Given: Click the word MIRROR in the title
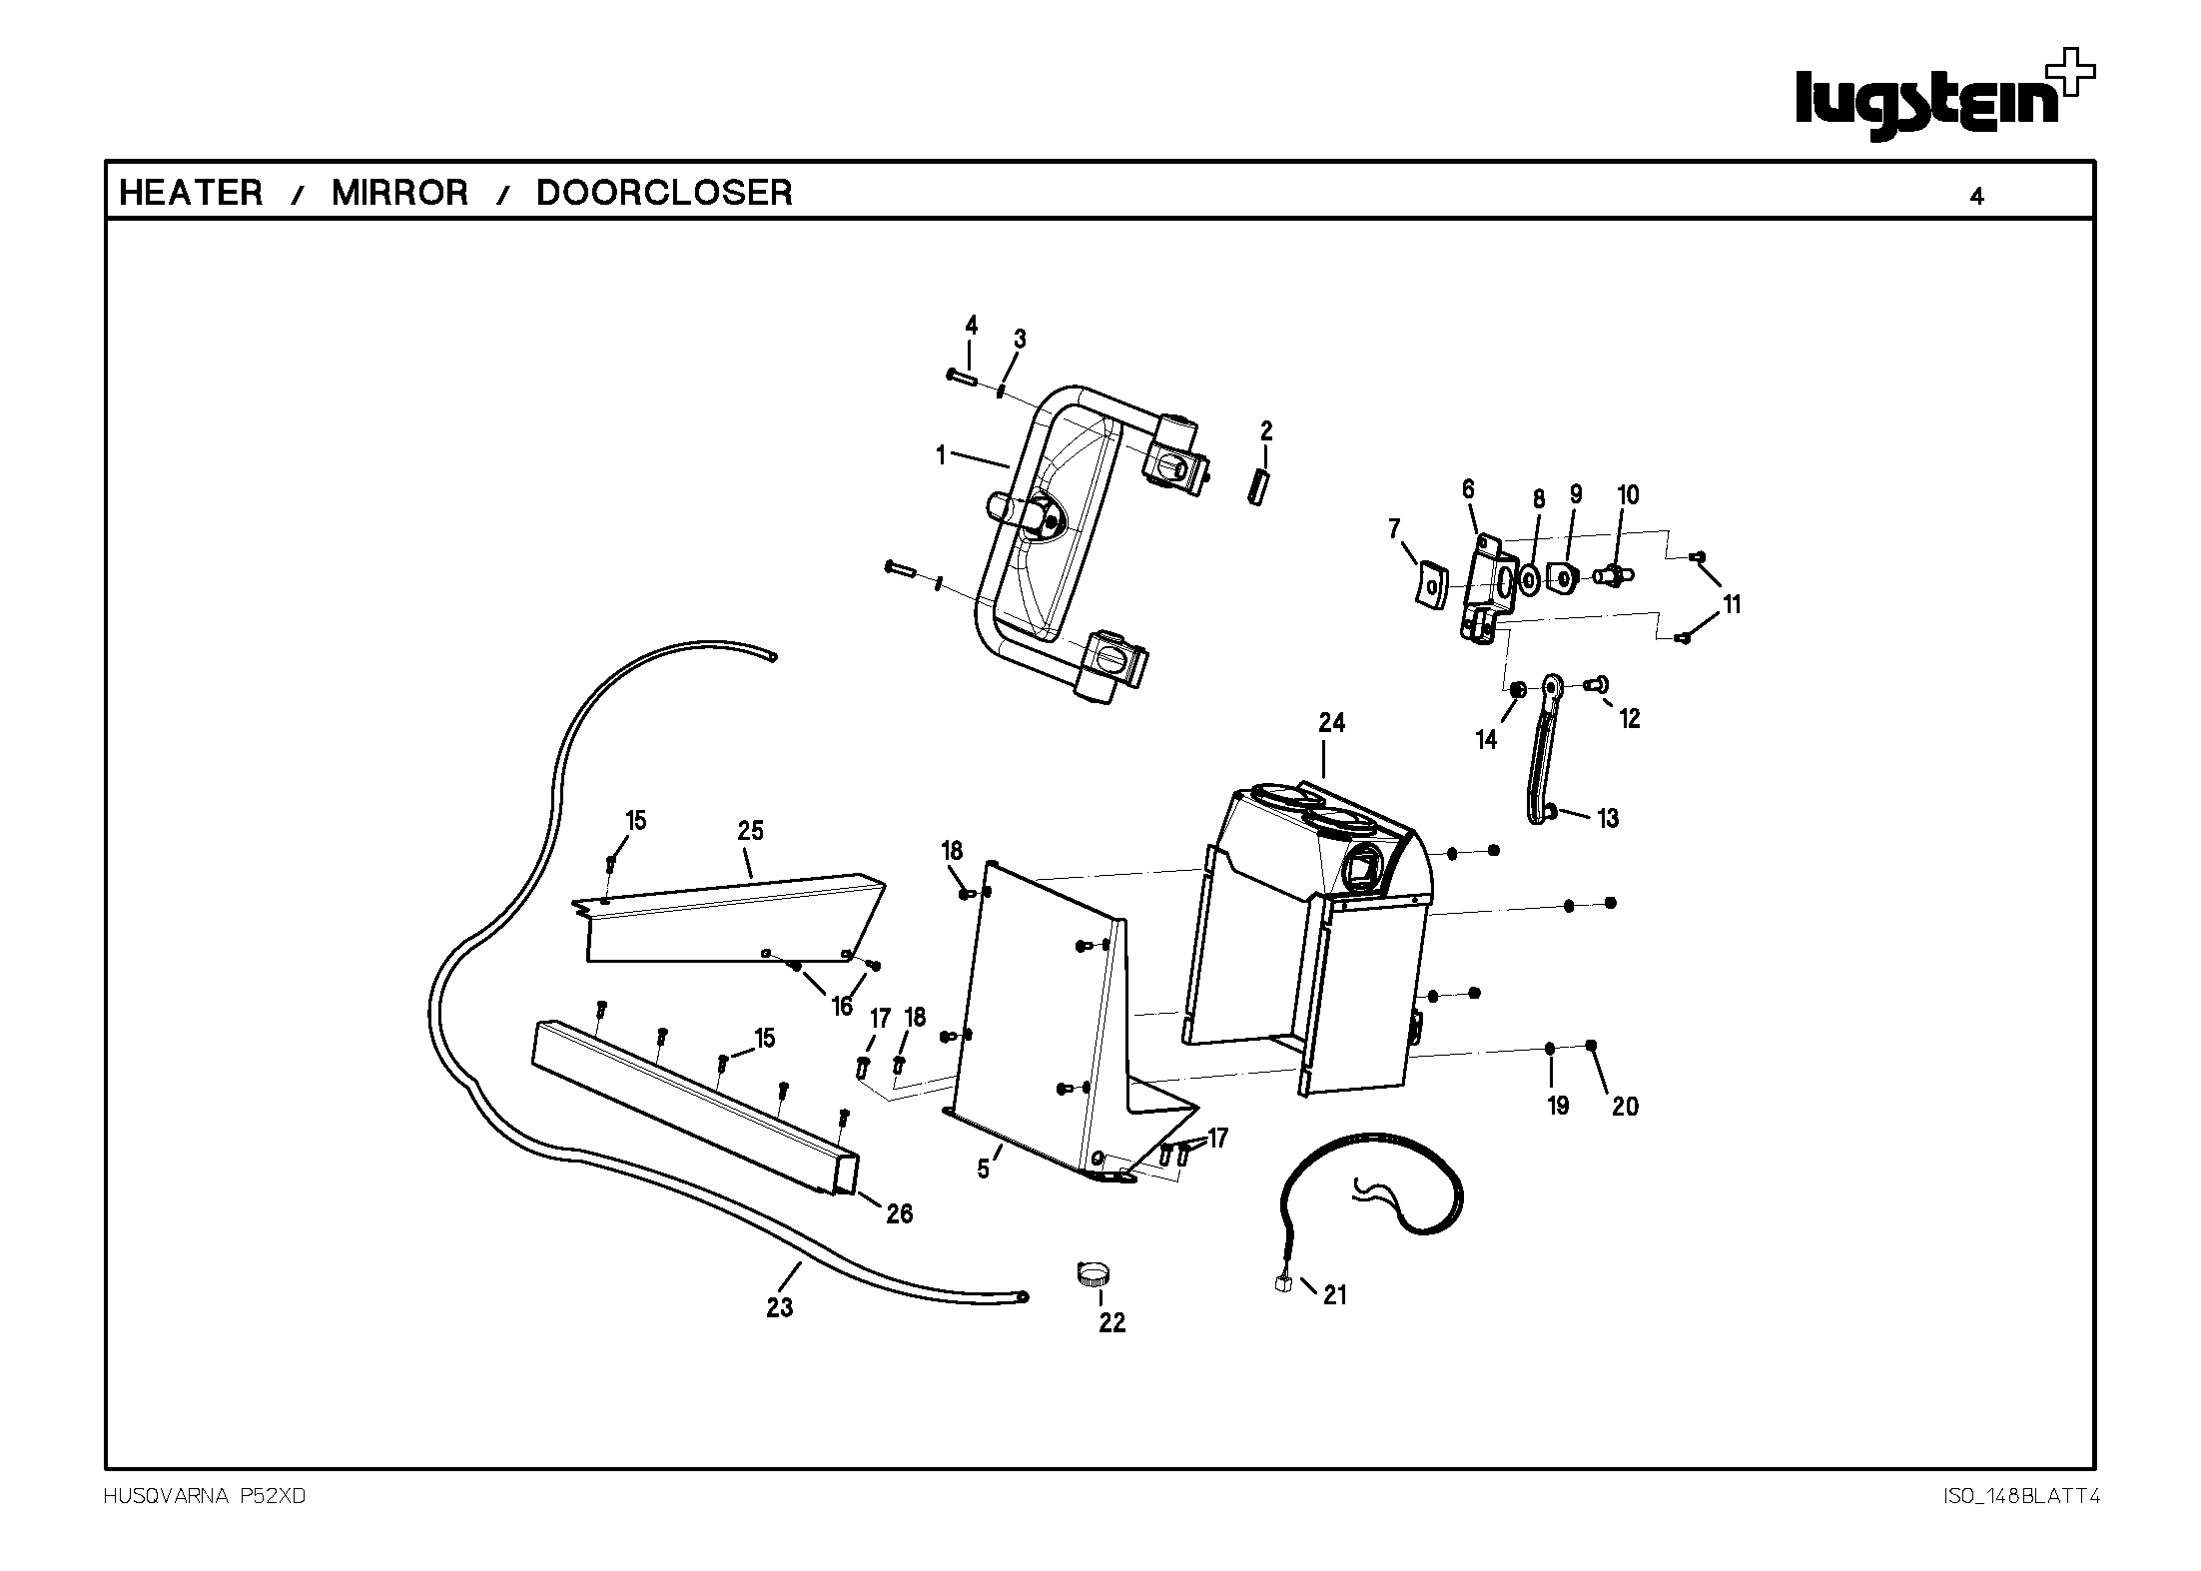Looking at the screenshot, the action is (399, 193).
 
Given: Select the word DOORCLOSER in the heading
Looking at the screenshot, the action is (664, 193).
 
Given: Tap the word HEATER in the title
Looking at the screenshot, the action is (191, 193).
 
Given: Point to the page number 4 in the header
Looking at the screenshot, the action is (1976, 197).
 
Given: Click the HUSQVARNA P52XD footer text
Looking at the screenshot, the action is (204, 1496).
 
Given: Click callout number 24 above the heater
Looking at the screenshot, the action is (1331, 722).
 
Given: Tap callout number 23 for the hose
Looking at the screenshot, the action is (780, 1306).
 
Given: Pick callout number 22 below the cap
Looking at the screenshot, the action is (1111, 1322).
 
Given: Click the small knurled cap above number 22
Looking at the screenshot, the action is (1095, 1275).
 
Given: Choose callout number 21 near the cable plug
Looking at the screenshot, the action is (1334, 1295).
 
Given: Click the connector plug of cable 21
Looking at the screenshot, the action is (1284, 1284).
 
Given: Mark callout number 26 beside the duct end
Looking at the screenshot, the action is (899, 1213).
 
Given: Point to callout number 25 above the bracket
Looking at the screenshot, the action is (750, 830).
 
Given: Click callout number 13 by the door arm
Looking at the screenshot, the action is (1607, 818).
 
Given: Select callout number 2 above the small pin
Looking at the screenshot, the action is (1266, 431).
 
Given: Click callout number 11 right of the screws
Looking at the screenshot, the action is (1731, 604).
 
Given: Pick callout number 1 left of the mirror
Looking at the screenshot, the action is (940, 455).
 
